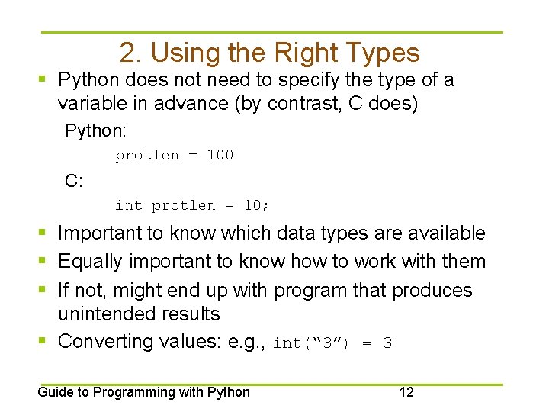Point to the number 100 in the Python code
220,155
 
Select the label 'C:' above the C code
74,181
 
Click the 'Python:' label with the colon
95,130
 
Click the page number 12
406,392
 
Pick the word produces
431,290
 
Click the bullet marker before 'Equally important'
45,262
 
